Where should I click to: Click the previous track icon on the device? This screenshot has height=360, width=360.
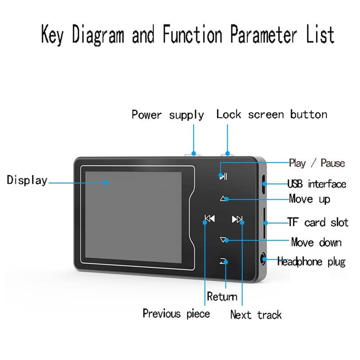(x=209, y=219)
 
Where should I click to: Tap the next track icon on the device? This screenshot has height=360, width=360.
(x=237, y=219)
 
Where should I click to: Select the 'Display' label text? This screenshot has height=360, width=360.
(x=27, y=180)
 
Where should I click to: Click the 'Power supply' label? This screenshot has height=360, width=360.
(x=167, y=115)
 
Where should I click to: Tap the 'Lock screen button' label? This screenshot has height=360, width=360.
(x=271, y=114)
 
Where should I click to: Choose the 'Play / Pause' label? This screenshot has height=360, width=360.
(x=317, y=163)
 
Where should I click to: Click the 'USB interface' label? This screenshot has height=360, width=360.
(x=317, y=184)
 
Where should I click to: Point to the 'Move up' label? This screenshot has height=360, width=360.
(x=309, y=198)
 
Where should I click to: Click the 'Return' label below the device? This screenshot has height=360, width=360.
(x=222, y=296)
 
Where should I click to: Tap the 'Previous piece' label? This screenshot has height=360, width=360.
(x=176, y=313)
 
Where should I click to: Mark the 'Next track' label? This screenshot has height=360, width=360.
(x=256, y=314)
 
